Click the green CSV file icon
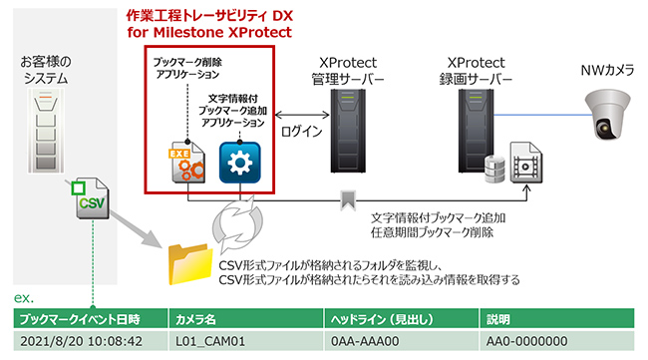(x=91, y=203)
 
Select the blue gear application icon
(x=239, y=163)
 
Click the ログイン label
(x=302, y=130)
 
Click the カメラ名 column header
(x=197, y=320)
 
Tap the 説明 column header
(x=498, y=320)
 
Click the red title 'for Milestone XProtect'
(x=208, y=32)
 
